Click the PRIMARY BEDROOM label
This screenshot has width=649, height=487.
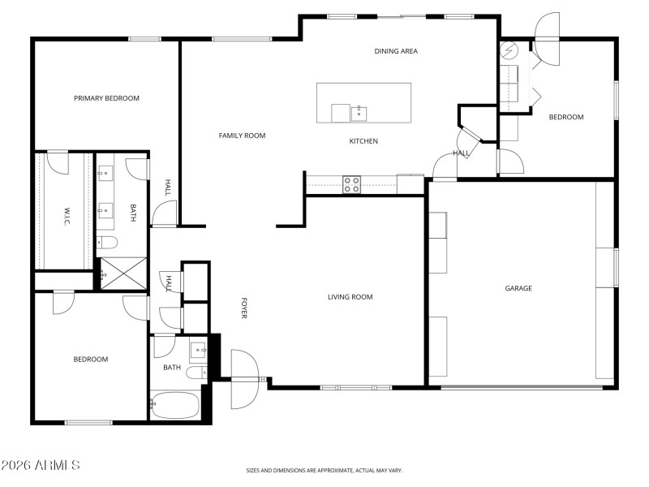click(106, 98)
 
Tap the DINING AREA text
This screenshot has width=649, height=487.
click(396, 51)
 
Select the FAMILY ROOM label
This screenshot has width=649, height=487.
click(242, 136)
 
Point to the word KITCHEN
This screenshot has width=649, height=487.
click(363, 141)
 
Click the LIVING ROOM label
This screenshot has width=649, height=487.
click(350, 297)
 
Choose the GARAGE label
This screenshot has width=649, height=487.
click(518, 288)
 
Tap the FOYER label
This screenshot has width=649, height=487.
click(243, 308)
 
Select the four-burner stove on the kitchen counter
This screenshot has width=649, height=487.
click(351, 184)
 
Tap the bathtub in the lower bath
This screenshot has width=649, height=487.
click(175, 405)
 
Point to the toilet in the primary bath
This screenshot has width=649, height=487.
click(108, 242)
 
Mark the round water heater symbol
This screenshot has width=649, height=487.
click(509, 50)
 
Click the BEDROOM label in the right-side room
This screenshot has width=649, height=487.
click(566, 117)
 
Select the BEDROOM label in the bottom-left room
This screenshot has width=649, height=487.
click(90, 360)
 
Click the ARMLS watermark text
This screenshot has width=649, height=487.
click(41, 465)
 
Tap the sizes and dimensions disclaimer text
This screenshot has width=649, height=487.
click(324, 470)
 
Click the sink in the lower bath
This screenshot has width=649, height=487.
click(197, 351)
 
